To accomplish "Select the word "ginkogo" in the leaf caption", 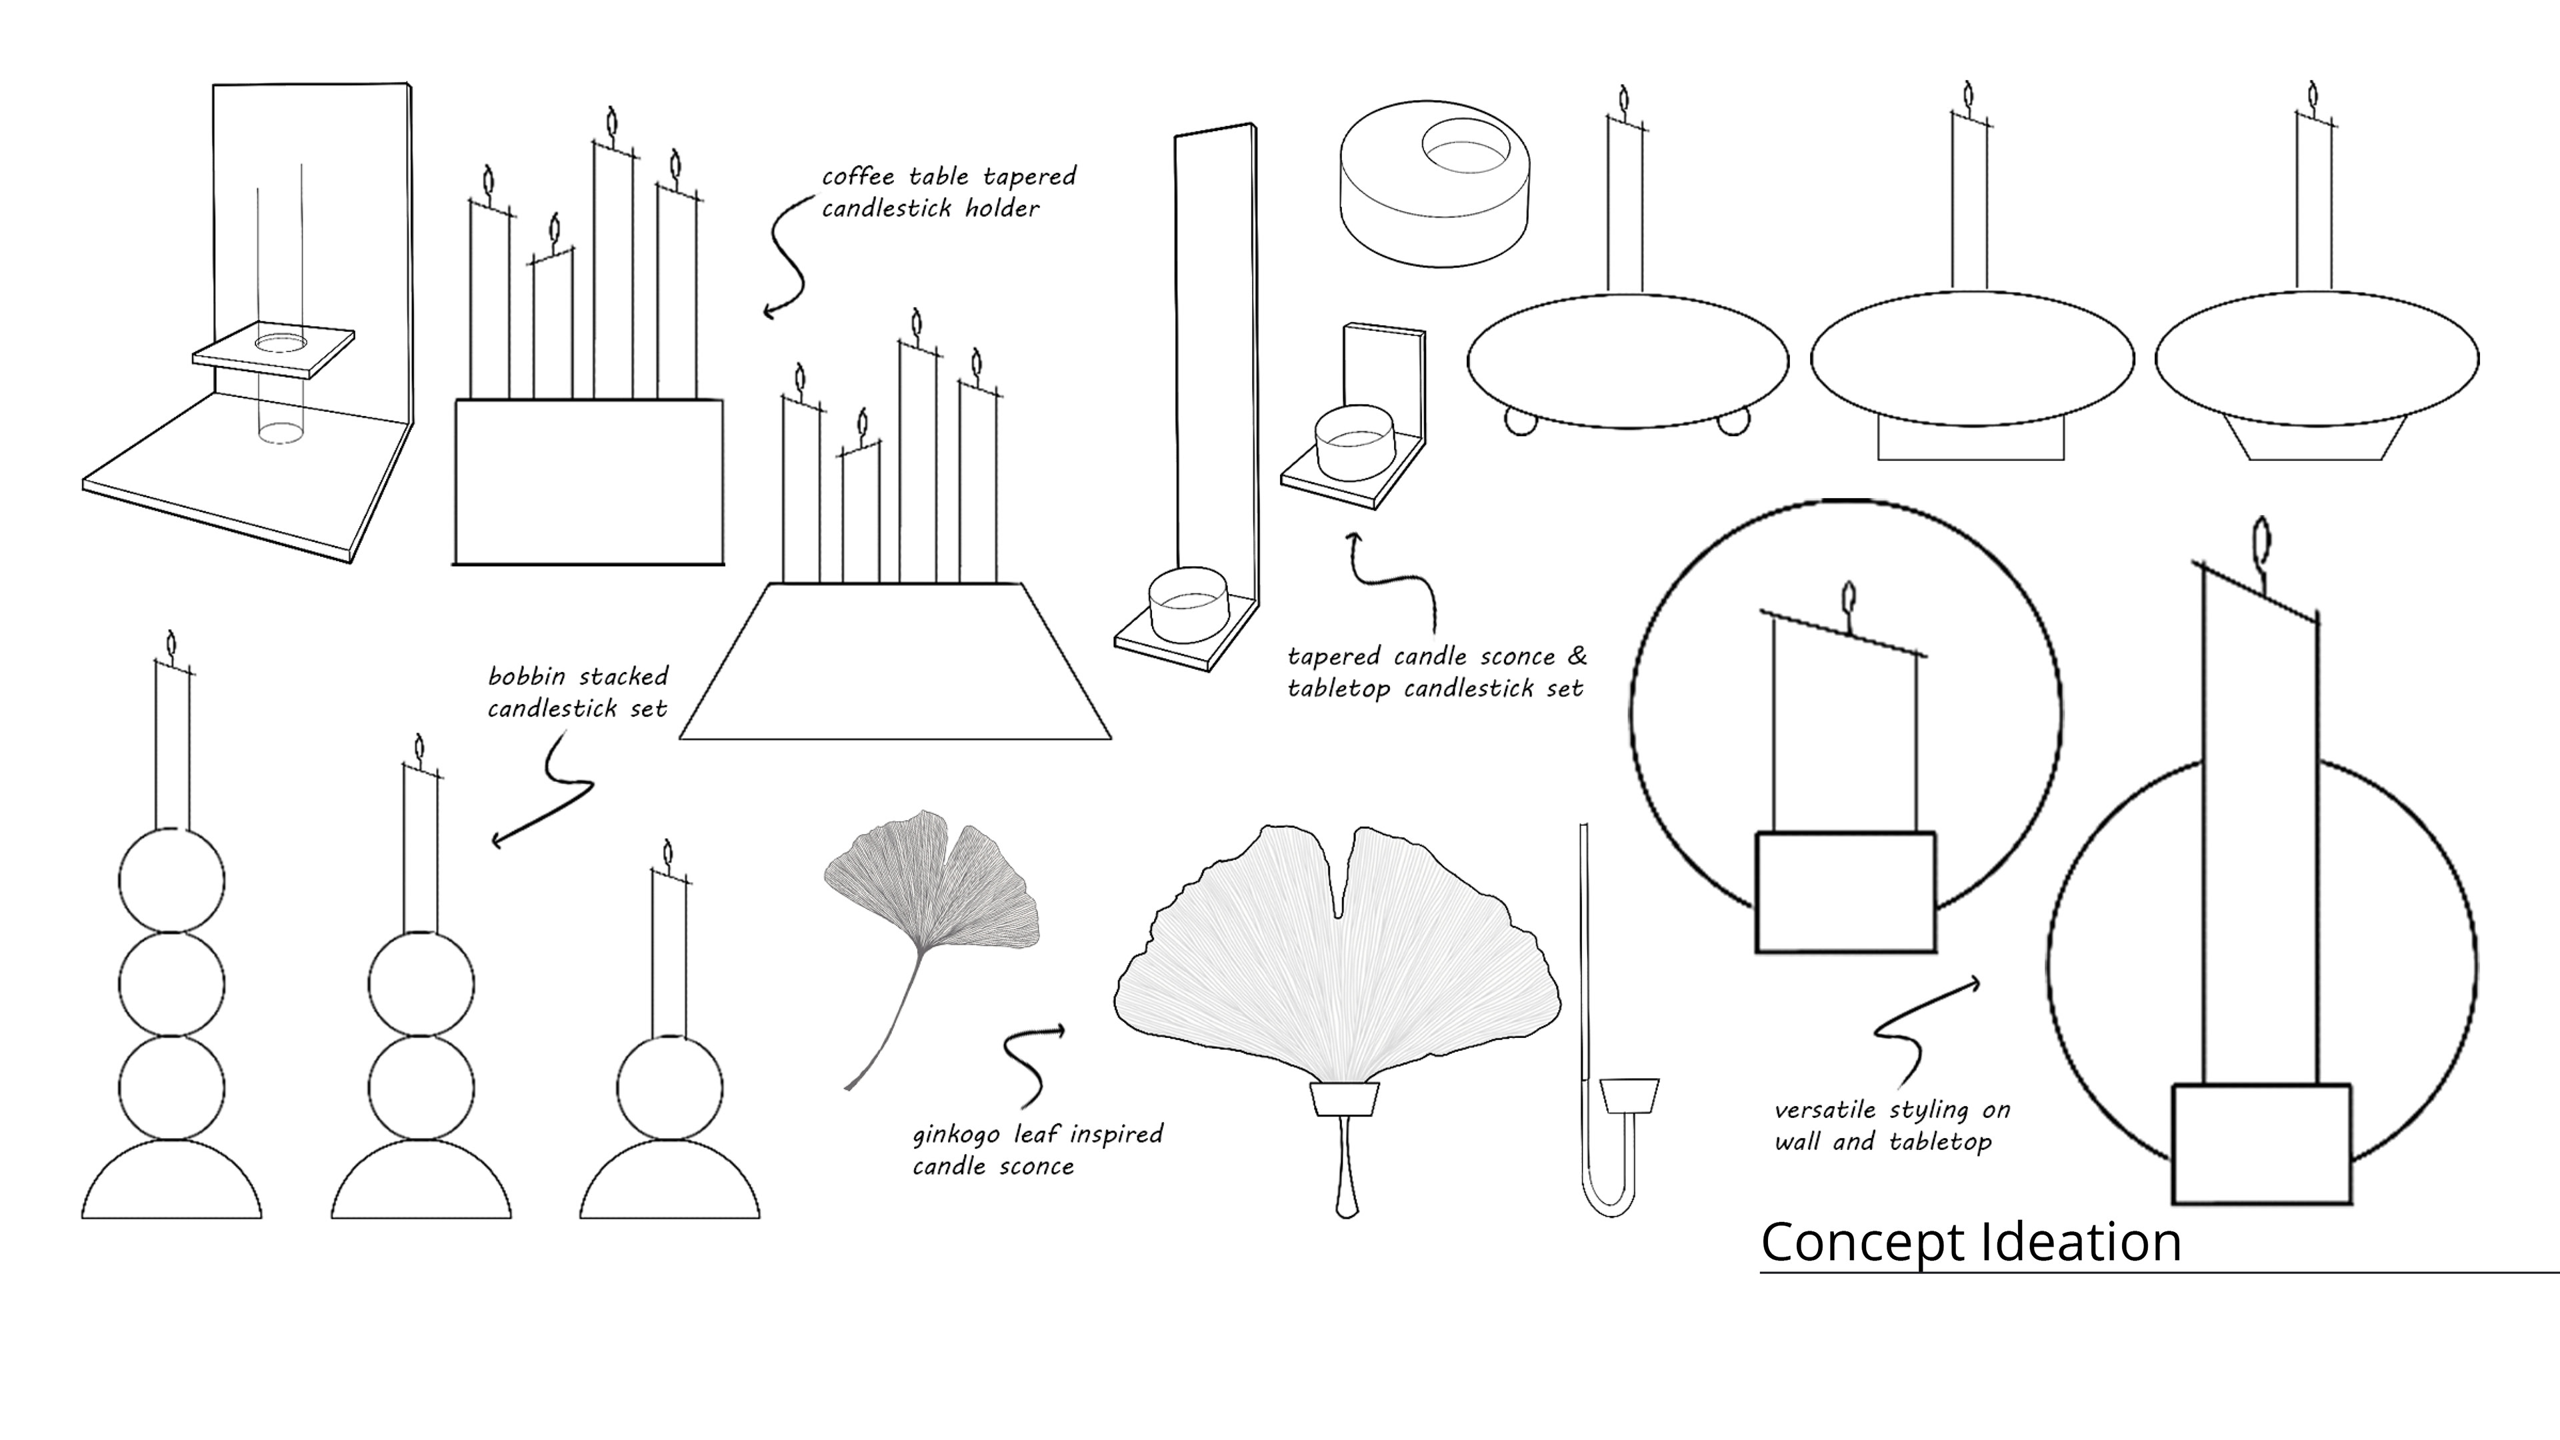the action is tap(956, 1135).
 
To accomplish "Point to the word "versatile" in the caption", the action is tap(1825, 1110).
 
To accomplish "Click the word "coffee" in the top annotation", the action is tap(857, 177).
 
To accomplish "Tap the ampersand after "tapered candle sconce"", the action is tap(1576, 656).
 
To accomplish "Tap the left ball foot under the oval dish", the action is tap(1521, 423).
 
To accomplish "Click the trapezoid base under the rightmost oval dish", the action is tap(2315, 439).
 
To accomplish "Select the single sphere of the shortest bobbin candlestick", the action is tap(669, 1087).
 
